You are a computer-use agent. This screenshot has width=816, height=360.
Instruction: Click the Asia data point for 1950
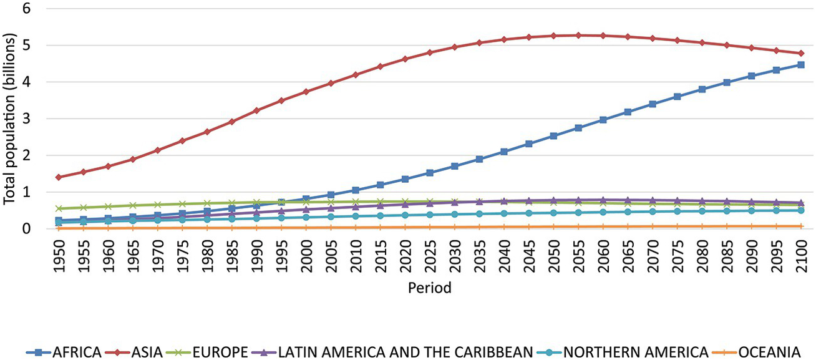click(x=59, y=177)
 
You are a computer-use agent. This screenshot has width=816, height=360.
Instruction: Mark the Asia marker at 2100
click(x=801, y=54)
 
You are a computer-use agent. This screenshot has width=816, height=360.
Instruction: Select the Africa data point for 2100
click(x=801, y=65)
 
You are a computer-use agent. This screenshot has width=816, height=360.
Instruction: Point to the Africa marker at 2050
click(x=553, y=136)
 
